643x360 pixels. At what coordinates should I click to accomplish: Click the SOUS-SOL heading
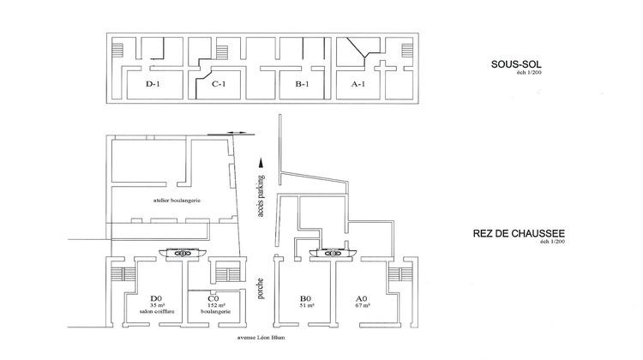click(524, 64)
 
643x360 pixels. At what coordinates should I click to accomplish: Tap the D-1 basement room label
click(154, 84)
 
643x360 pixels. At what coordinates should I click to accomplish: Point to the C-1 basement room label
click(219, 84)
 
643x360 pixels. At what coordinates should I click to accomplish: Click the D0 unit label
click(156, 297)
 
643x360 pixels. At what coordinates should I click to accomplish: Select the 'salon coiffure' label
click(156, 313)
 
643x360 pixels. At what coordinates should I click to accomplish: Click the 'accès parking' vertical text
click(260, 197)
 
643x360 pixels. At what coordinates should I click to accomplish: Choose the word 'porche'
click(260, 289)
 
